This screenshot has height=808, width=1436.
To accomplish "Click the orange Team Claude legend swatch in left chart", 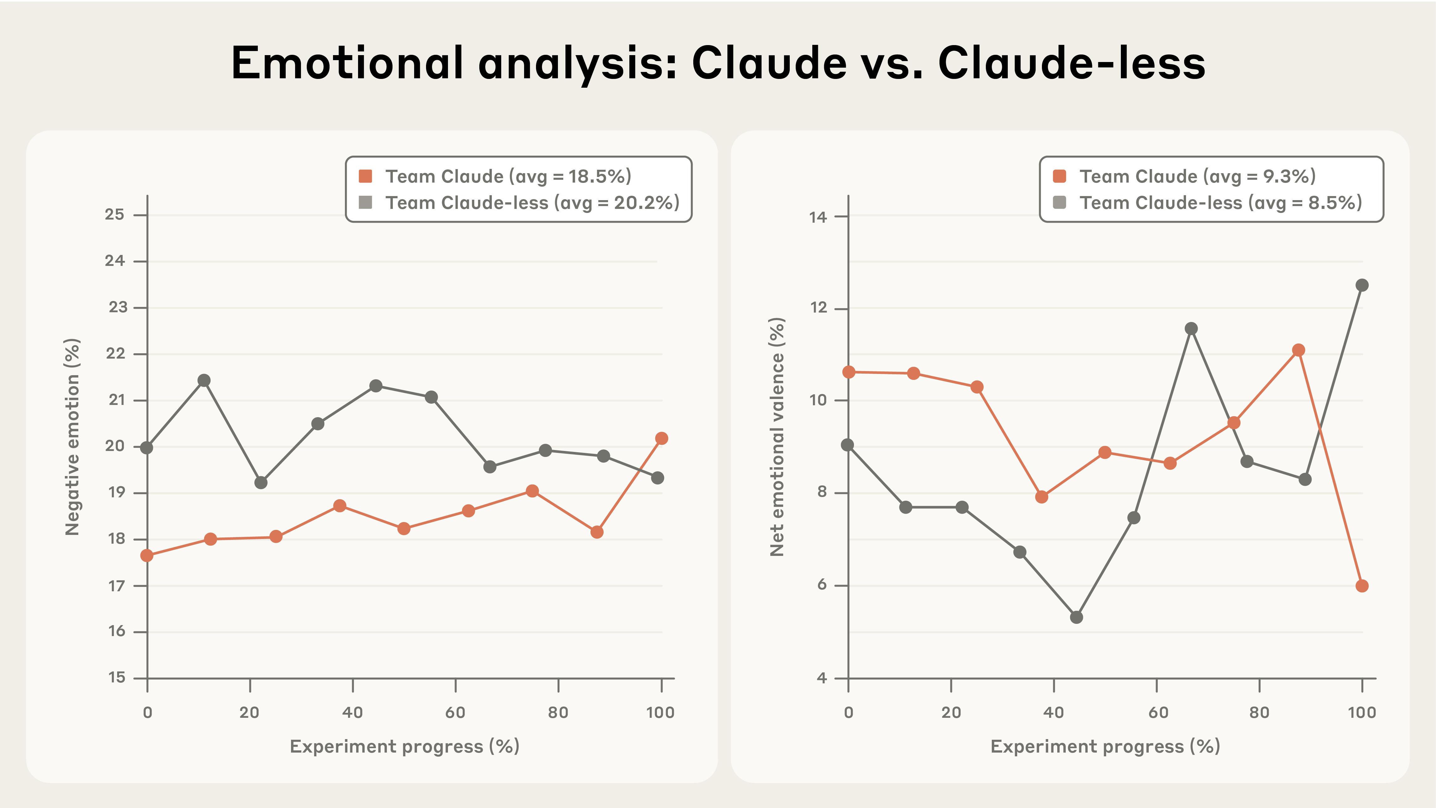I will [366, 177].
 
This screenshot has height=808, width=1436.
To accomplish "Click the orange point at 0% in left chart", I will [147, 556].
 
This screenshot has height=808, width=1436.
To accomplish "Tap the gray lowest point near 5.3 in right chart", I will [1076, 617].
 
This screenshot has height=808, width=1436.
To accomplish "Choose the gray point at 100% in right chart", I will [1362, 285].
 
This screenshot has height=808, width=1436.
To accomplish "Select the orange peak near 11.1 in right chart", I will [1298, 350].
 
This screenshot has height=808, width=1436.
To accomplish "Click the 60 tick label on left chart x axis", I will [455, 713].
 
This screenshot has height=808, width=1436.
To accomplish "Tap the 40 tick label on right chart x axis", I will [1054, 713].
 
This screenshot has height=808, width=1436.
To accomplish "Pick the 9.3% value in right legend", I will [1288, 177].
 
